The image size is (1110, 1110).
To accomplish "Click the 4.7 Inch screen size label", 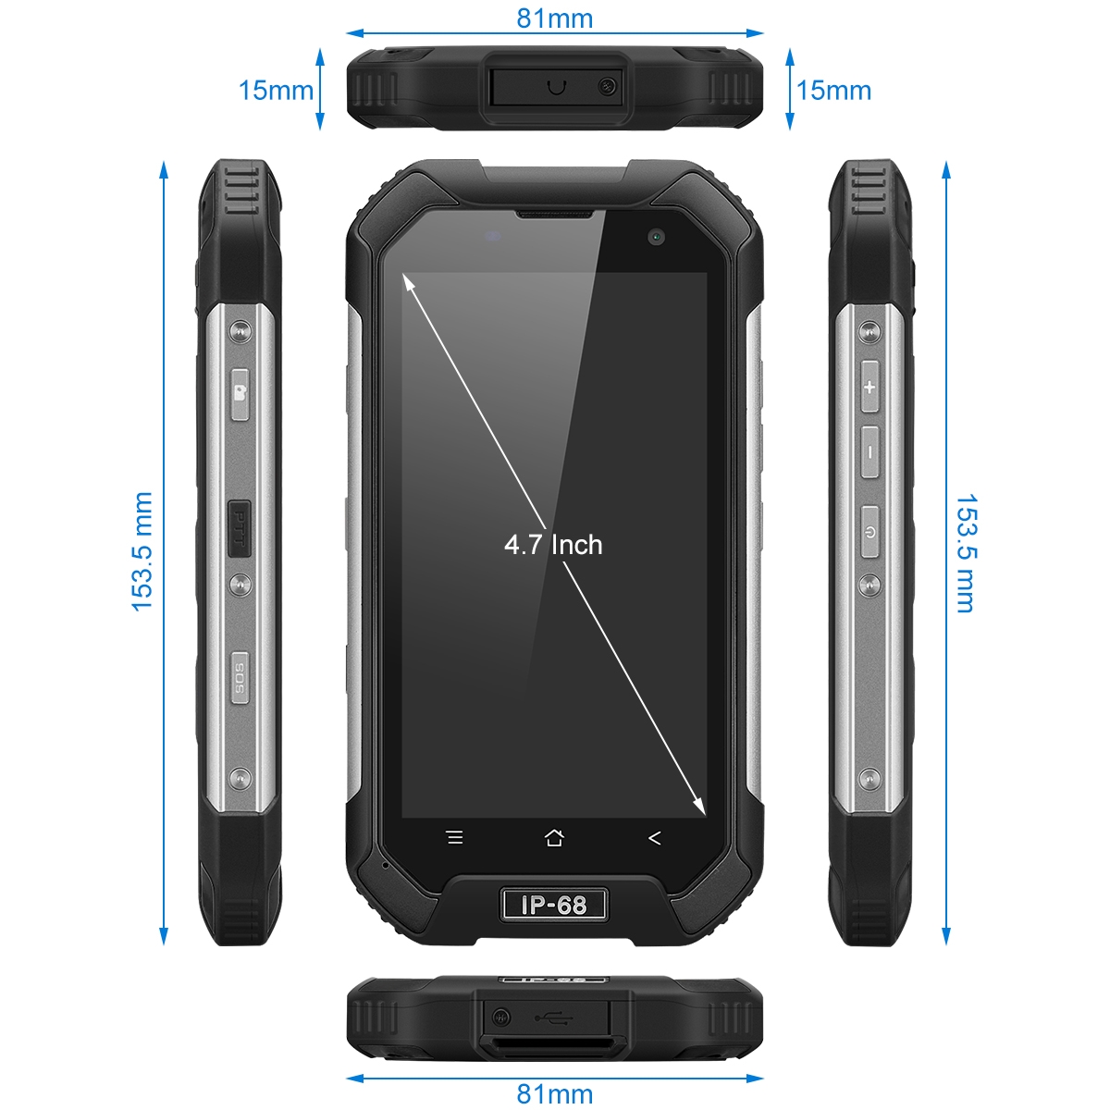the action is (553, 544).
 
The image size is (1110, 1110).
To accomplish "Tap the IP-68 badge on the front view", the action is (553, 905).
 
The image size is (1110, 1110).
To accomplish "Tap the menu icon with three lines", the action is (455, 837).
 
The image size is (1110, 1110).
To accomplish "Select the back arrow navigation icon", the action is (654, 837).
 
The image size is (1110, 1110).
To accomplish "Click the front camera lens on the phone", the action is (656, 237).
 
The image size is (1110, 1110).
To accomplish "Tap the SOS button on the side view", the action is (240, 677).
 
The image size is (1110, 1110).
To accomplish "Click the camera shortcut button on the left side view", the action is (240, 394).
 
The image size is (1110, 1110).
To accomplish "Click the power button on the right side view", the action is (869, 532).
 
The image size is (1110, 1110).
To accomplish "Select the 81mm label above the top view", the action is (555, 18).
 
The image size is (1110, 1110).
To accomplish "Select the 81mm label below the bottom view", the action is (555, 1093).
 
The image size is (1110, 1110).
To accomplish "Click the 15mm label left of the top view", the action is (276, 91).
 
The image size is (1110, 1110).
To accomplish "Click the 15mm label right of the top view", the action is (833, 91).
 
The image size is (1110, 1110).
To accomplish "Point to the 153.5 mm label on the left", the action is (142, 551).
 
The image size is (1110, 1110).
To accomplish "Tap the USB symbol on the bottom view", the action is (553, 1017).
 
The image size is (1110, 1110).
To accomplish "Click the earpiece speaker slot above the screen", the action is (555, 215).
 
